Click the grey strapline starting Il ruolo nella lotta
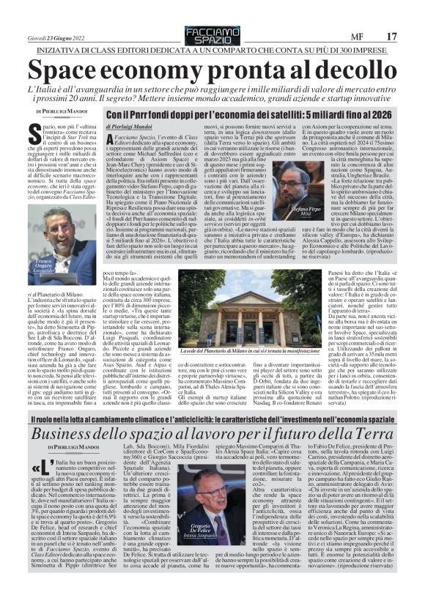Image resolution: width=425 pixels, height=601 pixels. click(212, 416)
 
